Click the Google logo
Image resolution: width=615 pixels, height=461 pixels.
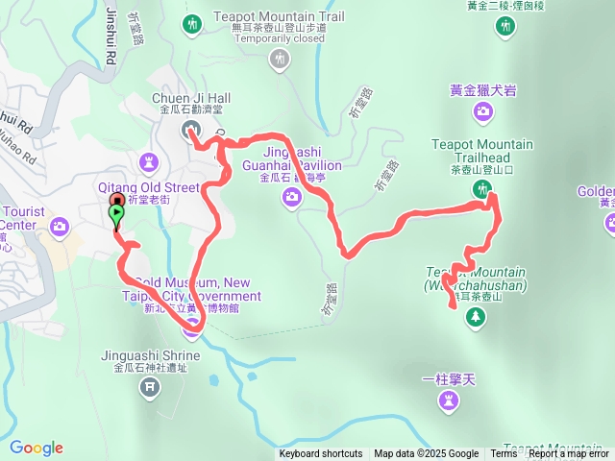[37, 448]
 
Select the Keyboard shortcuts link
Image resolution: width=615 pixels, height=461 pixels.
[321, 453]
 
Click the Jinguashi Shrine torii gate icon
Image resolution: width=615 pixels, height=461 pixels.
[149, 387]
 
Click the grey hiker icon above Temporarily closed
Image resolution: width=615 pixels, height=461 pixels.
[279, 61]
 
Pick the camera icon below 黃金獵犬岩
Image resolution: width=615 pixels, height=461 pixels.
[482, 111]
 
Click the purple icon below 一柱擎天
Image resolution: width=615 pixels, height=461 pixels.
[449, 400]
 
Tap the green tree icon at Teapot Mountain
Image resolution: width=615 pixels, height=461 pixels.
[475, 316]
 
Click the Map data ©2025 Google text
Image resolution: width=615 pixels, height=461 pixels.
[426, 453]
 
